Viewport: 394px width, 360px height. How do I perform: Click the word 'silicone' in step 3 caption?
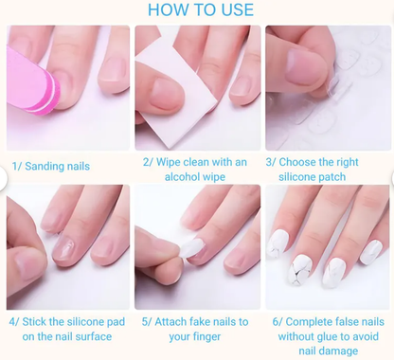pos(299,177)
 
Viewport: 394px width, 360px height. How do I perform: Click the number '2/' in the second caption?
pos(148,162)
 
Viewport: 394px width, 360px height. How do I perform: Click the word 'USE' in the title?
pos(237,10)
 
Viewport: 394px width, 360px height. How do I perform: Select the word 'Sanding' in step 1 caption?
pos(44,167)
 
